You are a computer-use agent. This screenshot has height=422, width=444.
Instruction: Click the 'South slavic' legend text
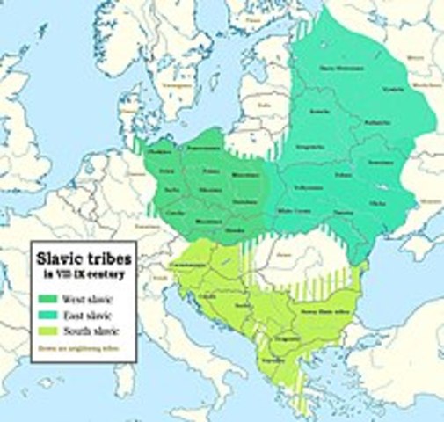pos(91,330)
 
